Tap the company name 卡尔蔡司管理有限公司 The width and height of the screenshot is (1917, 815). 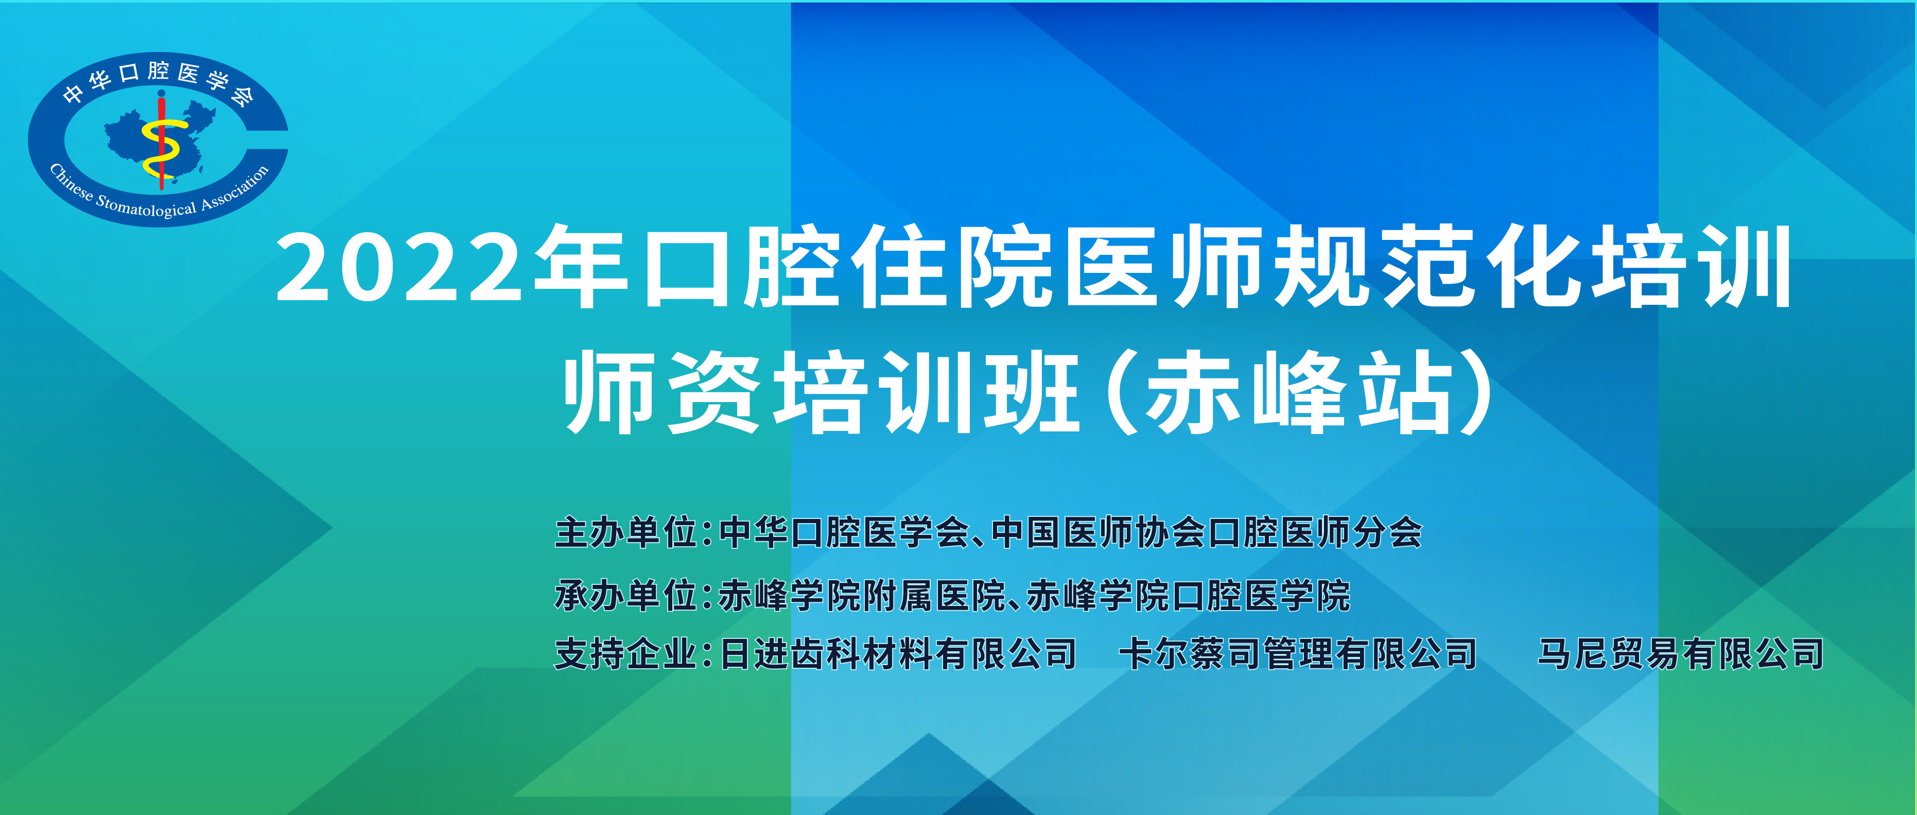[x=1298, y=654]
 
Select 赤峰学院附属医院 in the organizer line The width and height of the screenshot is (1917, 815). [x=862, y=596]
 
